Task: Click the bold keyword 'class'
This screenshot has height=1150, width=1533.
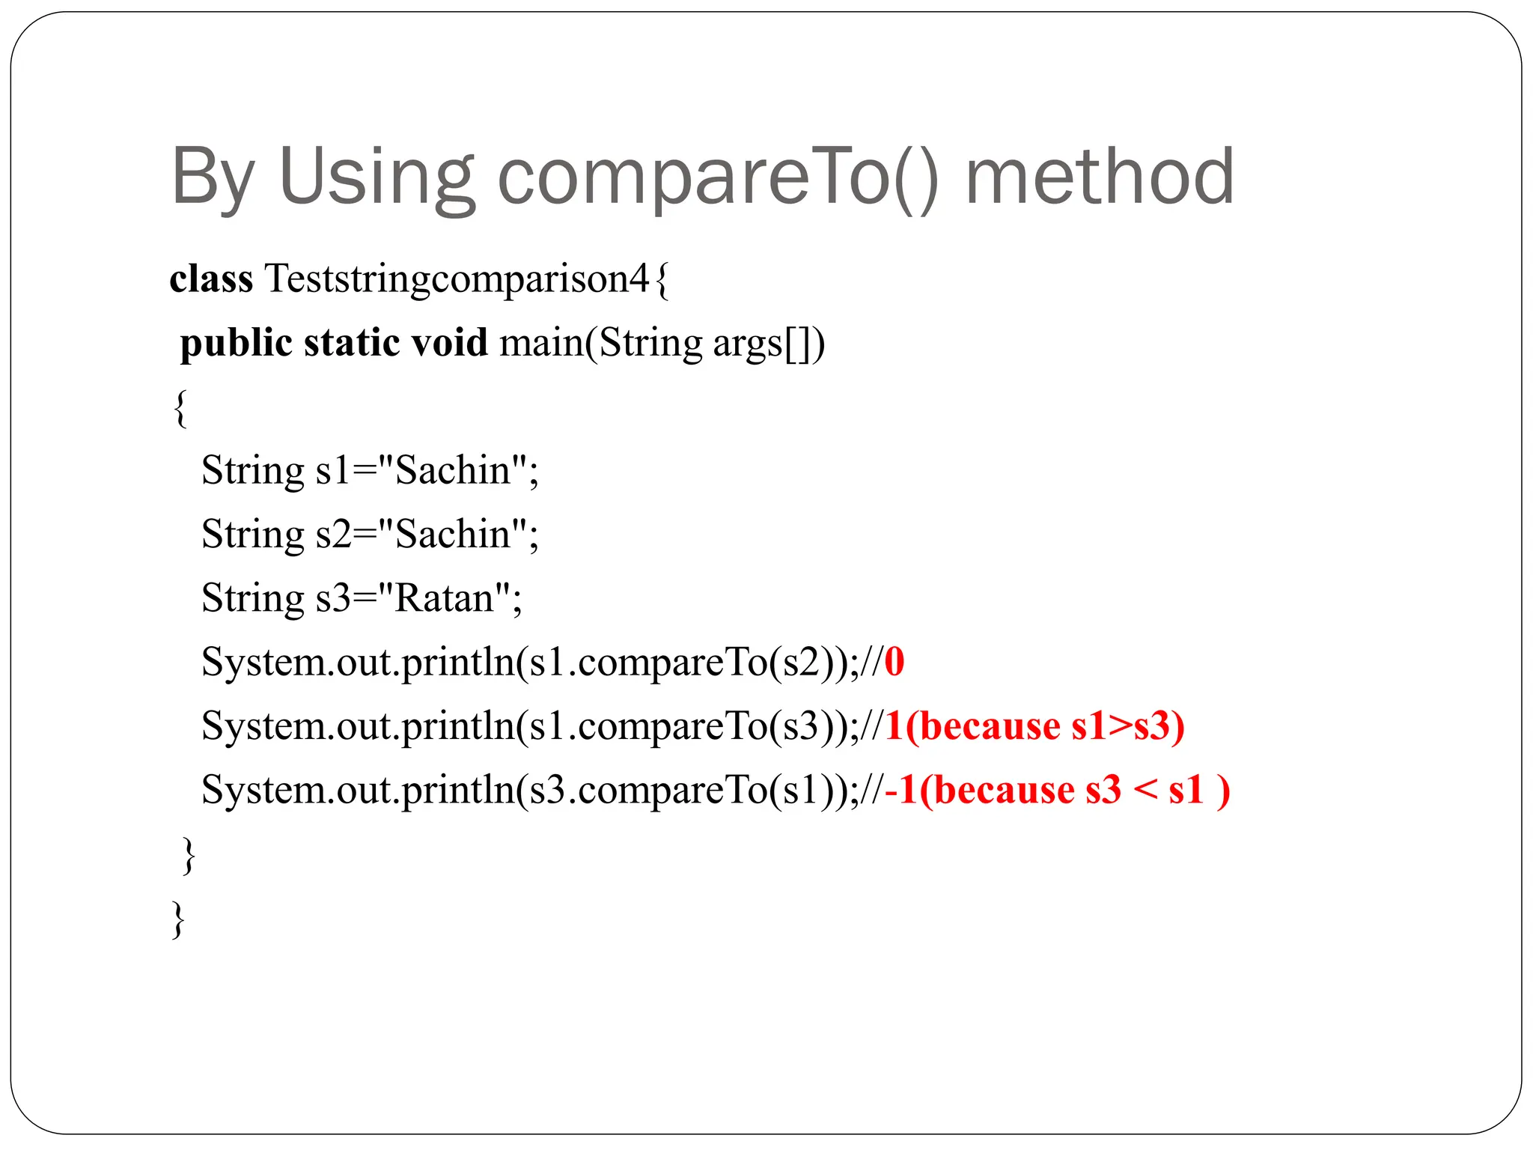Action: point(211,279)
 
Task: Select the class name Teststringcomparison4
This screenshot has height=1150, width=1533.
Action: point(457,279)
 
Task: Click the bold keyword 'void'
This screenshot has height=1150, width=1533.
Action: point(449,344)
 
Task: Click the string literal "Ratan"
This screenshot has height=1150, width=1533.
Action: point(444,599)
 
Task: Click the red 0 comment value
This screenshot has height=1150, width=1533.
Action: point(894,663)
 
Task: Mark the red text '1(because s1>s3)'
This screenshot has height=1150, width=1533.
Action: point(1034,726)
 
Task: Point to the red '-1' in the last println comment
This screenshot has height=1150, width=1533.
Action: point(901,791)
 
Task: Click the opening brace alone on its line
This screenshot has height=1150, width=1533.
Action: point(180,408)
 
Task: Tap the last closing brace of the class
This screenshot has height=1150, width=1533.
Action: point(178,919)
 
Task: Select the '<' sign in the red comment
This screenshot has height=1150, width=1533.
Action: point(1145,791)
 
